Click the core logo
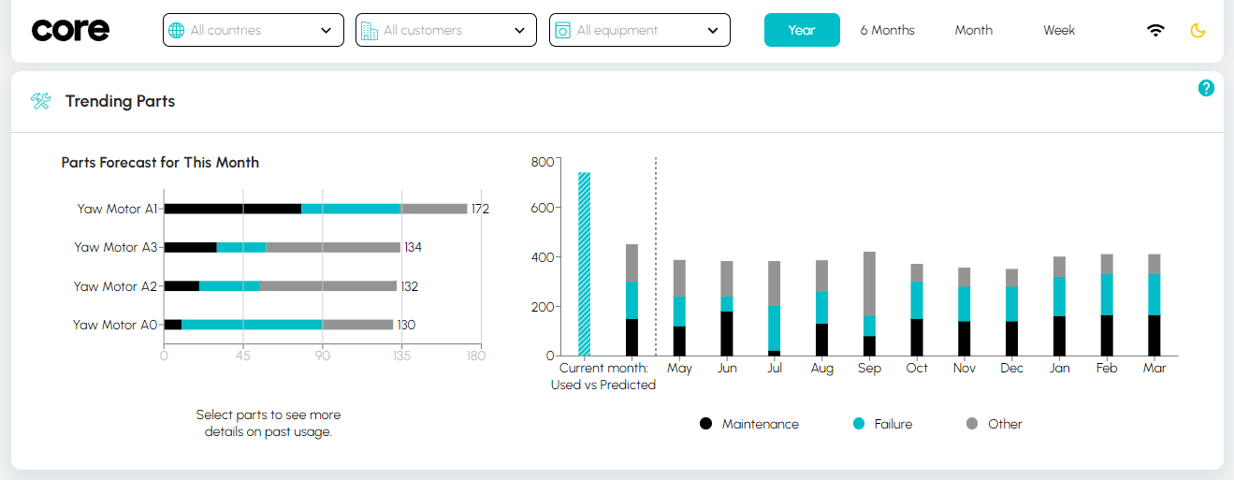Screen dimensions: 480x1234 coord(70,30)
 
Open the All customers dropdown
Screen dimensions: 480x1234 coord(445,30)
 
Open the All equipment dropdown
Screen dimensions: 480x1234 coord(639,30)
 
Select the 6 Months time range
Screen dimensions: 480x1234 coord(887,30)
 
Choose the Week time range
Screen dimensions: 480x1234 coord(1059,30)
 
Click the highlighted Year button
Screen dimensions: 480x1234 coord(802,30)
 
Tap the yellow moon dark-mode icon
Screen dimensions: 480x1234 coord(1198,30)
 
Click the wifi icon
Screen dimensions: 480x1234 coord(1156,30)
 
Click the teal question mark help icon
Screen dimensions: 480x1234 coord(1206,88)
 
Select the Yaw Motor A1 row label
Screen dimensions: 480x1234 coord(117,209)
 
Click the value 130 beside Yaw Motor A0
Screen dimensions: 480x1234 coord(406,325)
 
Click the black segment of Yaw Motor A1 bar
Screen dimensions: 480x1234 coord(232,209)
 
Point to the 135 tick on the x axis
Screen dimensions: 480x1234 coord(401,356)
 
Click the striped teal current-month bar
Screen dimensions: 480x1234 coord(585,264)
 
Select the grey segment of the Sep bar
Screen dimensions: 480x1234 coord(869,284)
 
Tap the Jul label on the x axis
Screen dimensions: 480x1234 coord(774,368)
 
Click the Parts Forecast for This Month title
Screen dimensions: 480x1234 coord(160,163)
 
